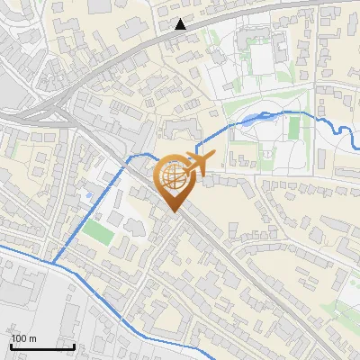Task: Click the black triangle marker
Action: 181,24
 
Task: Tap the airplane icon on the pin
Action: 196,162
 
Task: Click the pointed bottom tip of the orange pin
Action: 174,211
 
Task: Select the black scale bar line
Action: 42,346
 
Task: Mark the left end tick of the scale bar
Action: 11,345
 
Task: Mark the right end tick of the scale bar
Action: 74,345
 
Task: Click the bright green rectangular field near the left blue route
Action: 95,230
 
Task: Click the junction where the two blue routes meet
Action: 51,264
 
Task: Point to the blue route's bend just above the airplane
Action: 196,144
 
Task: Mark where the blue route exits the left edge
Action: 2,244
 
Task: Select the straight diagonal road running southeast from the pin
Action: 252,270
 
